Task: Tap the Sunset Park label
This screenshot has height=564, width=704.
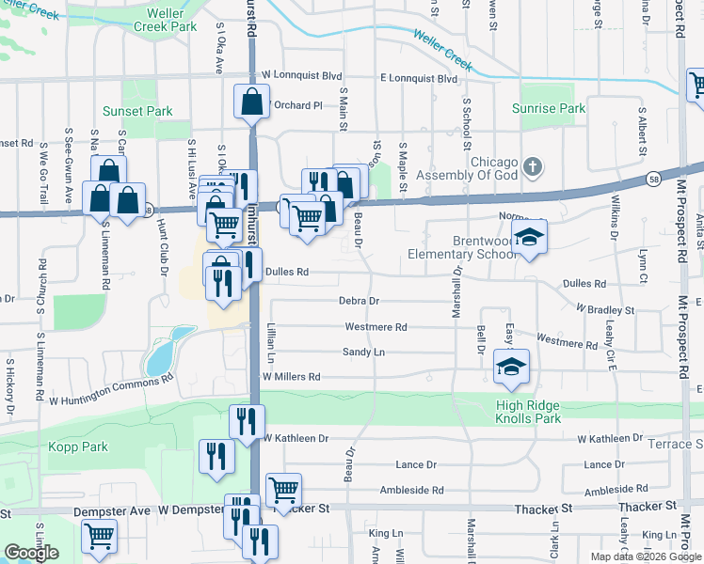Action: click(137, 111)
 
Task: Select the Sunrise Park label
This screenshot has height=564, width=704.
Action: click(549, 109)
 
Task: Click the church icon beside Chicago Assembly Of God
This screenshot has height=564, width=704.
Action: click(533, 168)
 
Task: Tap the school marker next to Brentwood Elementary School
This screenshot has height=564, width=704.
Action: click(530, 239)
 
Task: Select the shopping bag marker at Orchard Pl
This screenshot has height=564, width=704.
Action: click(252, 103)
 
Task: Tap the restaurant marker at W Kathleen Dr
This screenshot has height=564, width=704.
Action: click(248, 422)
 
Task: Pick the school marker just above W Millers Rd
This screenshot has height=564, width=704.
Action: click(512, 368)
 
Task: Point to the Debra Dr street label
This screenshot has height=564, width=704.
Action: click(359, 302)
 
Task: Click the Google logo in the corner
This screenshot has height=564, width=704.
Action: click(32, 553)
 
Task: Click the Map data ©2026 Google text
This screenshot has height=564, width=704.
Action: click(645, 556)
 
